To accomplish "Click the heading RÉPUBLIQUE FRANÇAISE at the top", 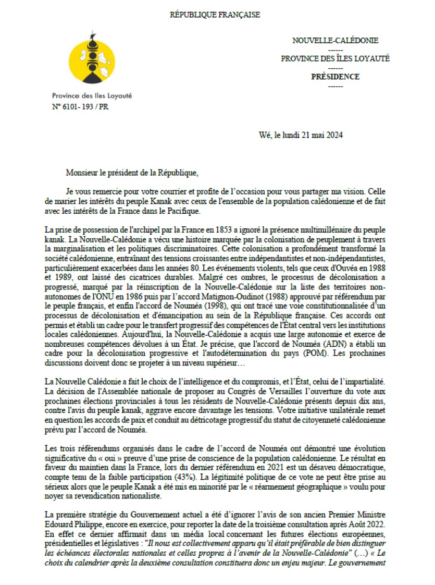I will pyautogui.click(x=215, y=15).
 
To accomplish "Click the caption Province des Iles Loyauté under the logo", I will pyautogui.click(x=92, y=96).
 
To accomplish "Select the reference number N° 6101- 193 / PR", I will pyautogui.click(x=81, y=107).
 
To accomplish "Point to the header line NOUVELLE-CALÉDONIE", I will pyautogui.click(x=335, y=41).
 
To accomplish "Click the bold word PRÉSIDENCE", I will pyautogui.click(x=335, y=77).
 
